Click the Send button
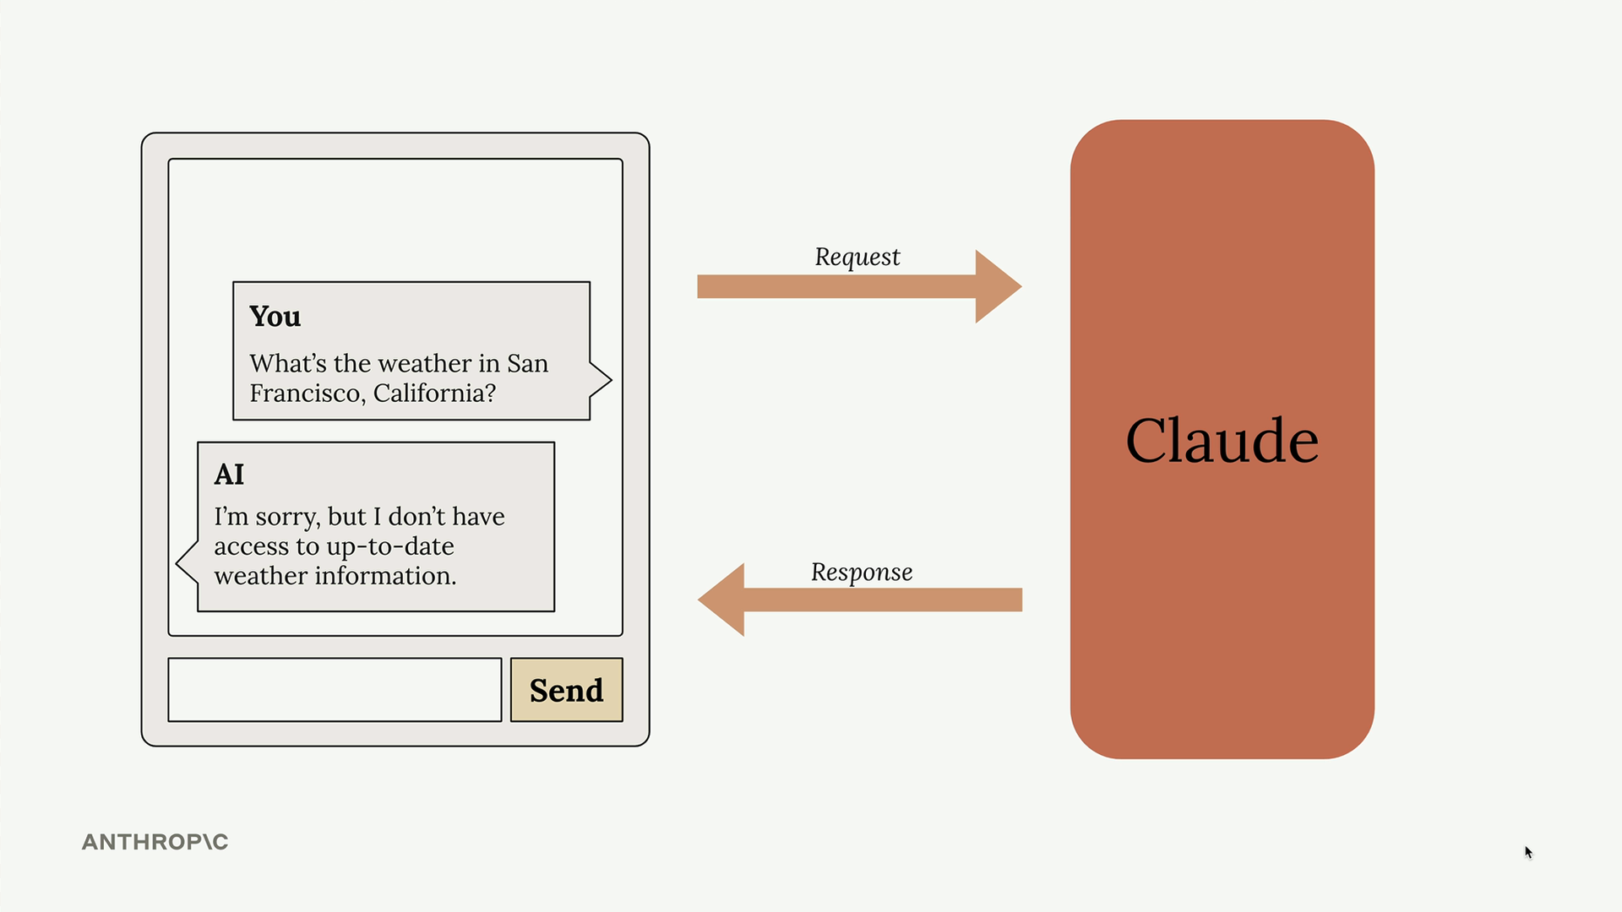coord(567,690)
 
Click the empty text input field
coord(335,690)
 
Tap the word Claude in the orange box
coord(1222,440)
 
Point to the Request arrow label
coord(857,257)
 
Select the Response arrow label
coord(862,573)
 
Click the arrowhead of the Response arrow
coord(721,600)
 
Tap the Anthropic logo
coord(155,842)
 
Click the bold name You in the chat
coord(275,316)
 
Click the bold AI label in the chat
coord(229,474)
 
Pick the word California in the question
coord(434,394)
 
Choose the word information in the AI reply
coord(386,576)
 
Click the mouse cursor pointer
coord(1528,852)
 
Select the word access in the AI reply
coord(252,547)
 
